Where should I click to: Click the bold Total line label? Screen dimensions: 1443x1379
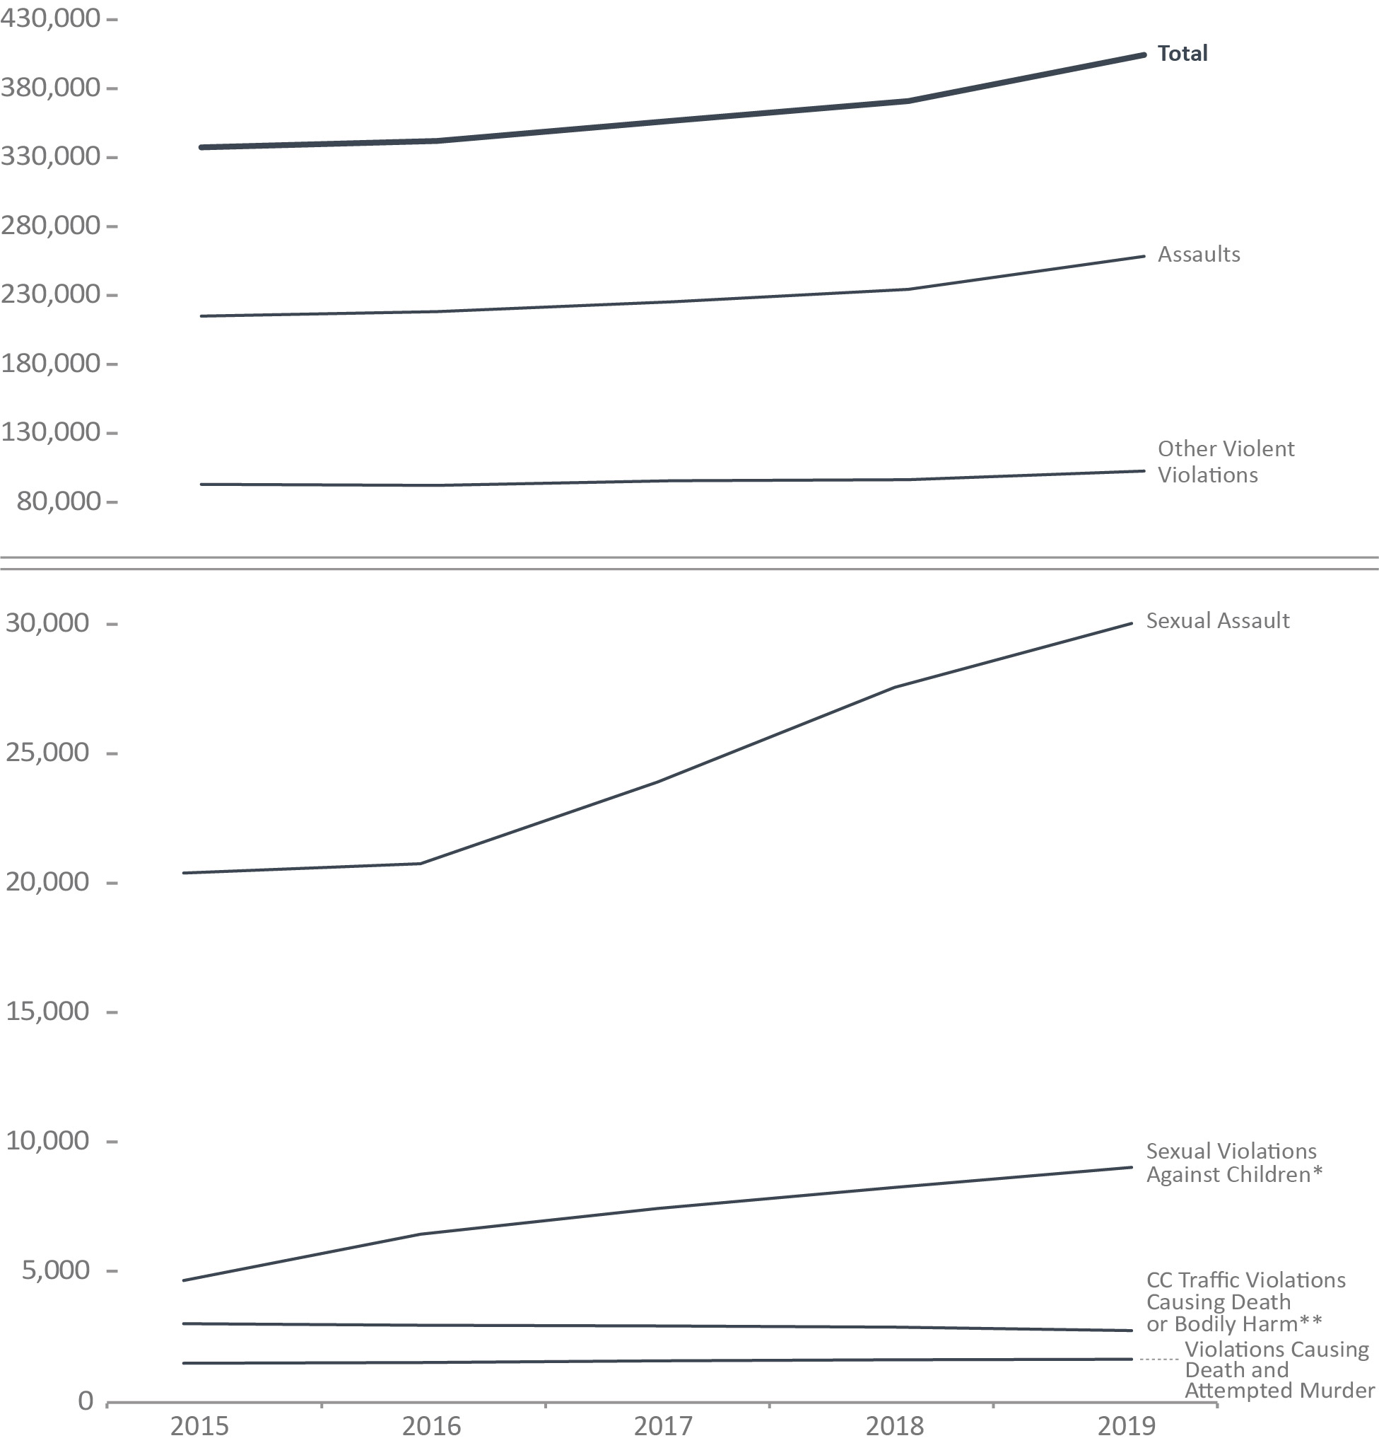pos(1182,54)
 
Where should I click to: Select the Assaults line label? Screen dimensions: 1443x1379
pos(1198,255)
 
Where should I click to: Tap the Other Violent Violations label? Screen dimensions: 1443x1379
pos(1225,462)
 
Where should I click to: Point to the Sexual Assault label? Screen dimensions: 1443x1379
pos(1217,621)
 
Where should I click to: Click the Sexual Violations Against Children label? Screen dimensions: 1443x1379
pos(1233,1163)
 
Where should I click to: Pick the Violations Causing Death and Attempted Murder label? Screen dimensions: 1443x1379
pos(1279,1369)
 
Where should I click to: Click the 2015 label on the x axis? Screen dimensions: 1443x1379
pos(199,1426)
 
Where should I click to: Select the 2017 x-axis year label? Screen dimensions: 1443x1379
pos(663,1426)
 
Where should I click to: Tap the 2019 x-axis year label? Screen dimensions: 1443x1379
pos(1126,1426)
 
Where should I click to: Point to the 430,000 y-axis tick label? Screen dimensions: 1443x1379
pos(50,18)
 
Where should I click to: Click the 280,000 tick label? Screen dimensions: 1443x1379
pos(50,225)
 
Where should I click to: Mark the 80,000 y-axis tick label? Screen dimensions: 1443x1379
pos(58,502)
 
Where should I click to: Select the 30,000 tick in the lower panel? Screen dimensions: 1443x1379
pos(47,623)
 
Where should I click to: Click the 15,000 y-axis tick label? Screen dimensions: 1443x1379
pos(47,1012)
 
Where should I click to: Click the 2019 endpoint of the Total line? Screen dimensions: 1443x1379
pos(1144,55)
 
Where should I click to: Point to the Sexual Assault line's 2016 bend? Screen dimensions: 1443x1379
pos(420,864)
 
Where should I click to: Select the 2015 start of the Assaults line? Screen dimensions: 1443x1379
pos(201,316)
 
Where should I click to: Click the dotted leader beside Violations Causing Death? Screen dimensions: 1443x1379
pos(1159,1359)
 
